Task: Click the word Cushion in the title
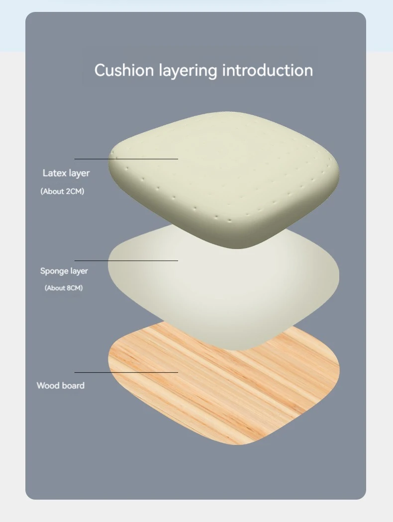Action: (124, 70)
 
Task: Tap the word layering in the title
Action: (188, 71)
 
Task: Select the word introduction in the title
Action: (267, 70)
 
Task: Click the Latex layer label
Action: (66, 173)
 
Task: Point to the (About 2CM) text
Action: (62, 191)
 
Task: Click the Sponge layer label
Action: (64, 271)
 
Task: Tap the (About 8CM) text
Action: (64, 288)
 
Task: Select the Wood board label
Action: (61, 385)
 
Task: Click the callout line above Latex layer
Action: (126, 159)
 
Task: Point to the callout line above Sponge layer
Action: (126, 261)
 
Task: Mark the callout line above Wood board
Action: (126, 372)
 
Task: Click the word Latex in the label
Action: (53, 173)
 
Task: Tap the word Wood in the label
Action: (48, 385)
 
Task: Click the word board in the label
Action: (73, 385)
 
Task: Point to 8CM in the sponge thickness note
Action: (72, 288)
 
